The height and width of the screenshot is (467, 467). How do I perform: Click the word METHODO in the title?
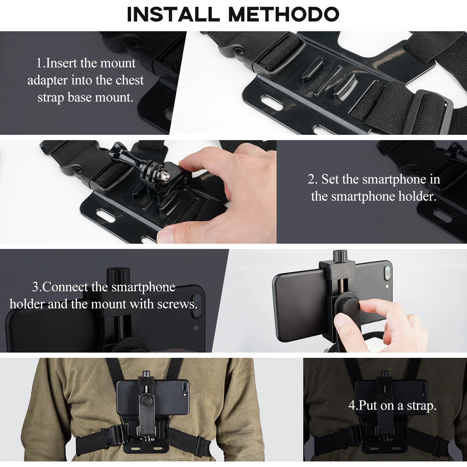click(x=284, y=14)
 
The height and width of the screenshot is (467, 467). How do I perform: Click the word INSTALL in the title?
click(x=173, y=14)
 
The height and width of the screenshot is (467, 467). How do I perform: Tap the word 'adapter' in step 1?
click(x=48, y=80)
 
